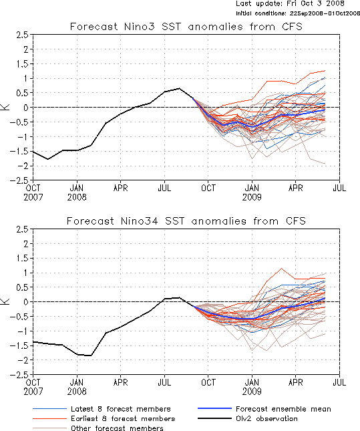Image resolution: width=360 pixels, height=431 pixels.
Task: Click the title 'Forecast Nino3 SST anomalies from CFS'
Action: point(186,27)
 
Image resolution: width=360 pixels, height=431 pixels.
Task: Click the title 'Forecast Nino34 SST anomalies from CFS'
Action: point(186,221)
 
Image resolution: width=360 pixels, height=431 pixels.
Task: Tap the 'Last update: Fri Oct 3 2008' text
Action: point(290,3)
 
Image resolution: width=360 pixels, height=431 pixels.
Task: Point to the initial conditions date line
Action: point(298,13)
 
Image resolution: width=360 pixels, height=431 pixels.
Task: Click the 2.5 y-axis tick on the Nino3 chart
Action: point(23,35)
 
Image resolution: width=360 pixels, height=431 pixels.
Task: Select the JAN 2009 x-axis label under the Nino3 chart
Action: point(252,192)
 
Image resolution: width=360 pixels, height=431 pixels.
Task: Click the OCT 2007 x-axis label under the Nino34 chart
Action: point(33,387)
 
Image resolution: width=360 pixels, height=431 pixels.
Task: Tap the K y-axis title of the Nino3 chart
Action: point(5,107)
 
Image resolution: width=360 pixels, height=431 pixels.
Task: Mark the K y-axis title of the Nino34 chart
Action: point(5,301)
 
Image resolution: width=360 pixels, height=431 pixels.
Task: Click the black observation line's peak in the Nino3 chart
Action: point(179,88)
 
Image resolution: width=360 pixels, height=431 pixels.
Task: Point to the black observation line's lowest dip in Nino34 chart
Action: point(91,355)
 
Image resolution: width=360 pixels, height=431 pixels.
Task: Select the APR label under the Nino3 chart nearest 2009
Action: point(296,188)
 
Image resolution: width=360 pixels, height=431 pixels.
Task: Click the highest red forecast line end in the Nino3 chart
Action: point(325,71)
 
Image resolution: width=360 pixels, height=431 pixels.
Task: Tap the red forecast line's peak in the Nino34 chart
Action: point(281,268)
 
